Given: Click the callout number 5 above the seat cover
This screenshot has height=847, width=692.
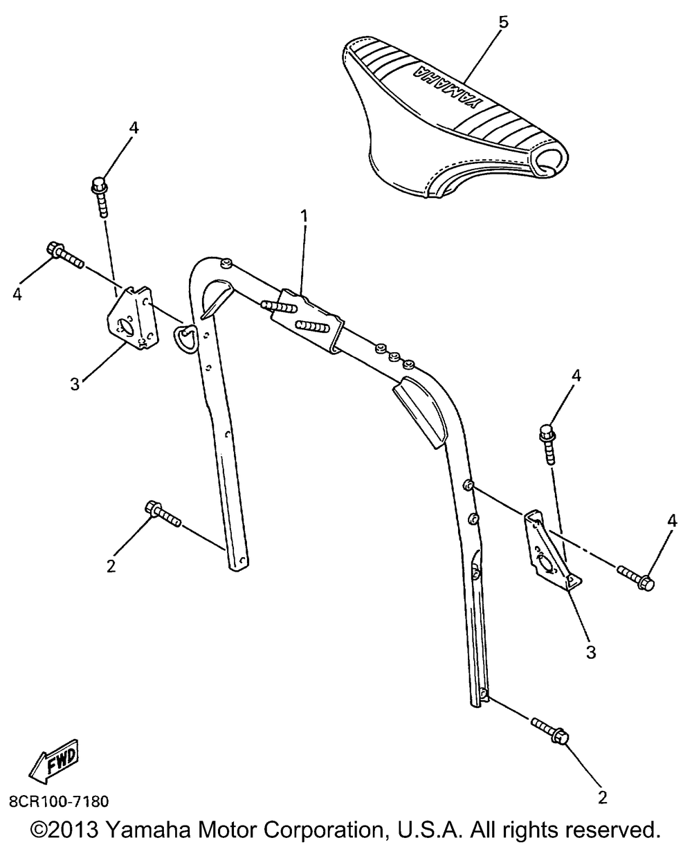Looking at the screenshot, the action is (x=503, y=22).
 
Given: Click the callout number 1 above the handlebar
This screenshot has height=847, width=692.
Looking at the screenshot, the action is (x=305, y=216).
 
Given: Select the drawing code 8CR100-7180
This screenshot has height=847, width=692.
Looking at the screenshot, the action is (x=59, y=801).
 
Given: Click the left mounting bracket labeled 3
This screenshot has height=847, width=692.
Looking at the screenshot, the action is (x=133, y=318).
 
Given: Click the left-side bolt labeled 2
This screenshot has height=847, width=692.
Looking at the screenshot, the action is (x=162, y=514).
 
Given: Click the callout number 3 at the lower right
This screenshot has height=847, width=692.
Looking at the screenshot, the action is (x=591, y=653).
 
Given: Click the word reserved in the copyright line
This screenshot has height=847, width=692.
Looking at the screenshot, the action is (x=617, y=829).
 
